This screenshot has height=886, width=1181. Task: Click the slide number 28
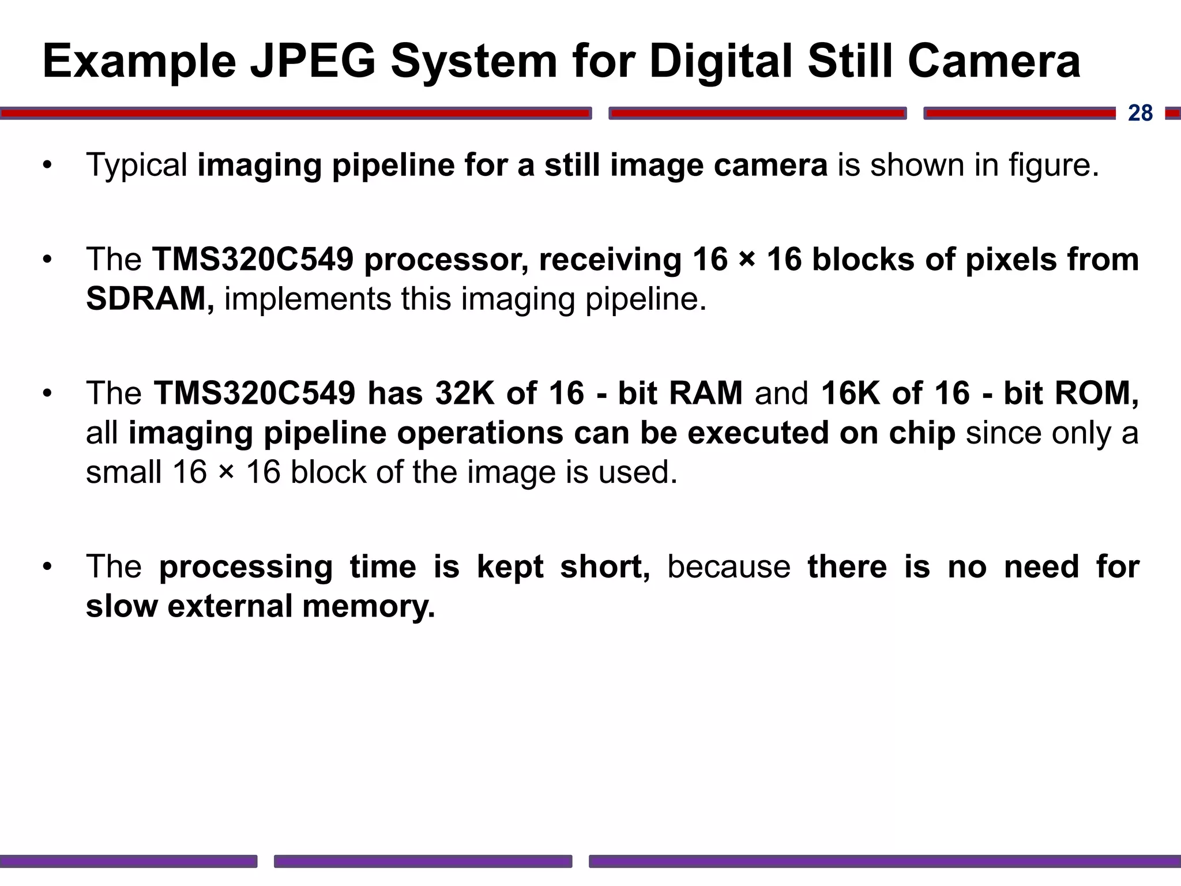1140,113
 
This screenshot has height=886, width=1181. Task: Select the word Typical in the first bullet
137,165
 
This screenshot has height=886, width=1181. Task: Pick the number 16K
851,393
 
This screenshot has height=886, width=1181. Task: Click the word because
729,566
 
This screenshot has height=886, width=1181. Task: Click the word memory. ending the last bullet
368,606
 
